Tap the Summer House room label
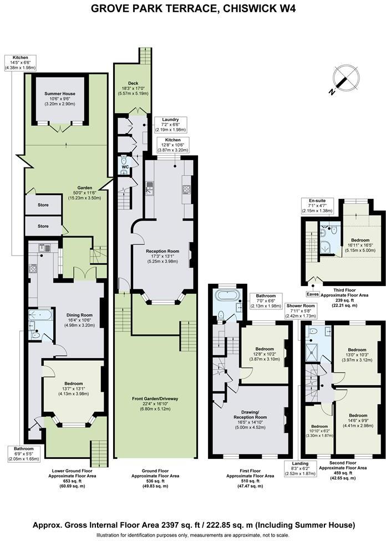coord(60,99)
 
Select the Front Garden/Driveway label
coord(156,404)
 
